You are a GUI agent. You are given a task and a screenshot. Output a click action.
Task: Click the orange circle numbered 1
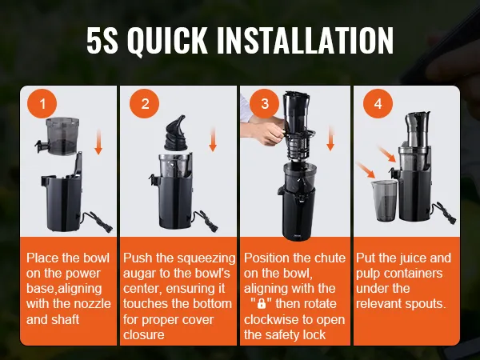click(x=42, y=103)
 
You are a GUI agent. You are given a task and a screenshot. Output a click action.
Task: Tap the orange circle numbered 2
click(x=145, y=103)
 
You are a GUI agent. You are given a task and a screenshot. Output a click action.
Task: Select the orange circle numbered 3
click(x=265, y=103)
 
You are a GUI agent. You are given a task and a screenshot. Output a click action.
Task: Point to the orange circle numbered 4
click(x=378, y=103)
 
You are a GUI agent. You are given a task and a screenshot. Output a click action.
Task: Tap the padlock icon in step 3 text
click(x=261, y=304)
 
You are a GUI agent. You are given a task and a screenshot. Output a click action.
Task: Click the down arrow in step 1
click(x=98, y=142)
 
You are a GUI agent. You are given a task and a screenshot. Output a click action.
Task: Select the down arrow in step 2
click(x=213, y=139)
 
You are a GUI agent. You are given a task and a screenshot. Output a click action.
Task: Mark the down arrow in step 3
click(x=330, y=138)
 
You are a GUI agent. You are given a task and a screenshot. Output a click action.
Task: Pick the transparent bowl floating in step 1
click(x=58, y=136)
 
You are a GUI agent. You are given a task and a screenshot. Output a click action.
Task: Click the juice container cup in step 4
click(x=384, y=200)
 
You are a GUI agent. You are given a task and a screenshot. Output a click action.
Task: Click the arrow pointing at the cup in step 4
click(x=366, y=170)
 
